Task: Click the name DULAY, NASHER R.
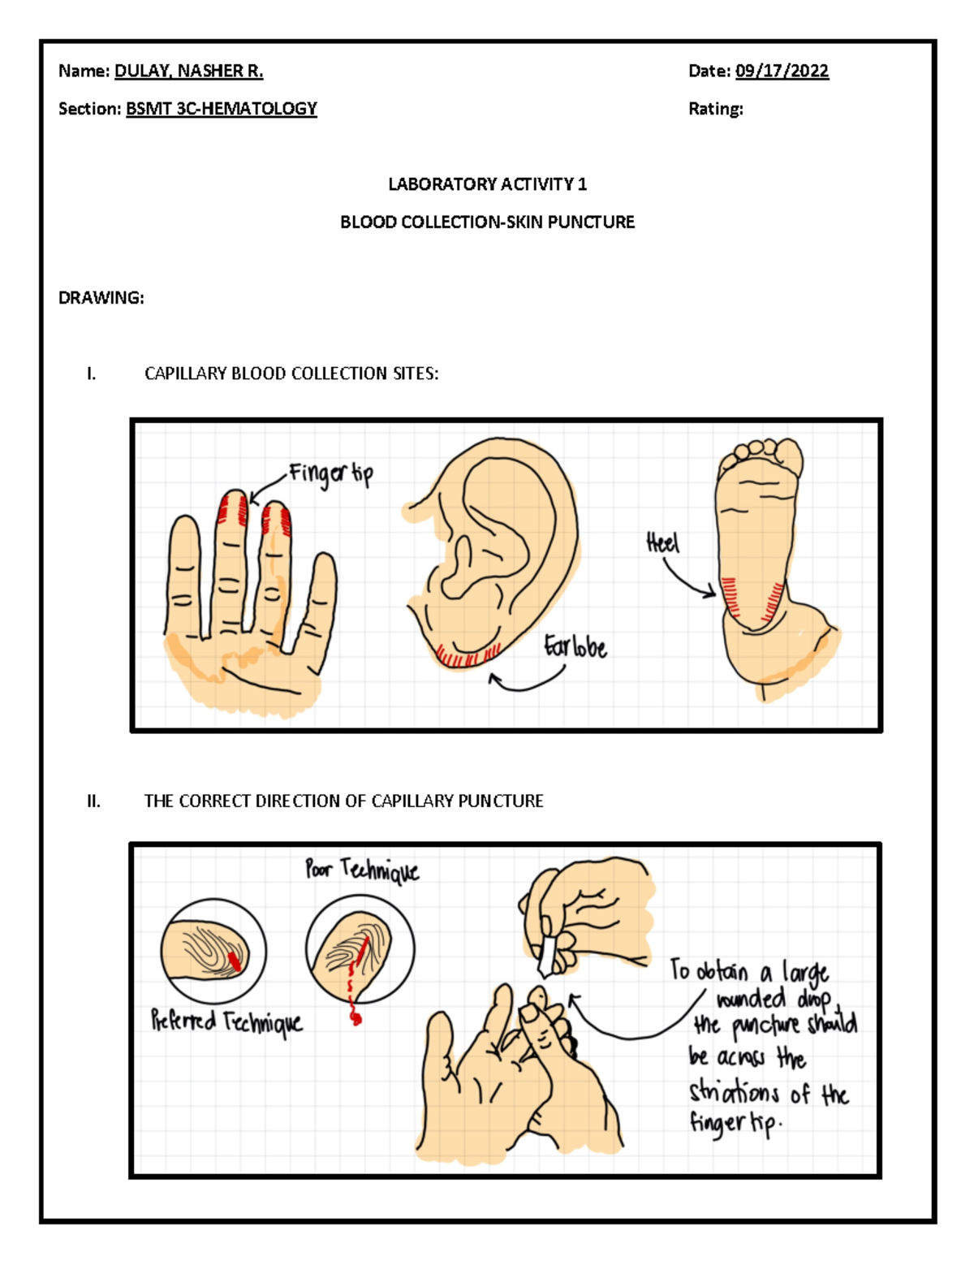(188, 71)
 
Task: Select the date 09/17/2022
(782, 71)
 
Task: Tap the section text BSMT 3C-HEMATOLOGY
(222, 109)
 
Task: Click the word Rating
(715, 109)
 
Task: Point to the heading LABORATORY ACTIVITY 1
(487, 184)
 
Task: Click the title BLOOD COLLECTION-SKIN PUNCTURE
(487, 222)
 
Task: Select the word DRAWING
(101, 298)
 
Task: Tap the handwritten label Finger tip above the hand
(331, 476)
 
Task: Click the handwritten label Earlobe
(575, 647)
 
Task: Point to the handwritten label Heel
(662, 544)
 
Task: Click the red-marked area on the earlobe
(468, 655)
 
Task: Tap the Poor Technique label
(362, 870)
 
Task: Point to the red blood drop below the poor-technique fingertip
(356, 1018)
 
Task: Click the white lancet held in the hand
(548, 955)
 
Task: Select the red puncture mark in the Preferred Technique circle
(234, 961)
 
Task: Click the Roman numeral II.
(93, 801)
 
